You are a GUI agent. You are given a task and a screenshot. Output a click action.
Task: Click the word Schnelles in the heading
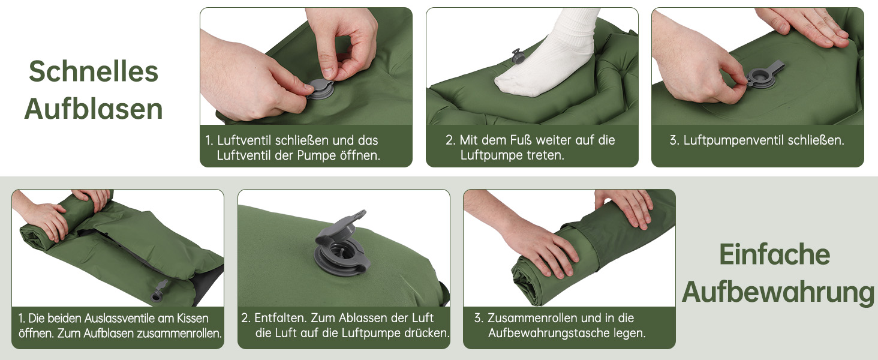point(94,71)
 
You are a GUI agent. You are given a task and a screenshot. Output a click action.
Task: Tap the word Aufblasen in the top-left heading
point(94,109)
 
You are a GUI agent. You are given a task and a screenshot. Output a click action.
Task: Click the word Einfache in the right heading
point(774,254)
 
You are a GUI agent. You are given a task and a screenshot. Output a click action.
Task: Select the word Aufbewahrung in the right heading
point(778,292)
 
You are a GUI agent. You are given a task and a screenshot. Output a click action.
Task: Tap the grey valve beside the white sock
point(518,56)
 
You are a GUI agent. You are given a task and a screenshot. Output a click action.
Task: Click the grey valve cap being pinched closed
point(321,89)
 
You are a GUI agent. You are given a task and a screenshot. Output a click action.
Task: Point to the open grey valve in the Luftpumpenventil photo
point(764,73)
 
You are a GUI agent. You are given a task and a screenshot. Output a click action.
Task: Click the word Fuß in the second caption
point(521,140)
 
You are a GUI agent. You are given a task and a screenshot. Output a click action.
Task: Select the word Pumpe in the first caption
point(317,155)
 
